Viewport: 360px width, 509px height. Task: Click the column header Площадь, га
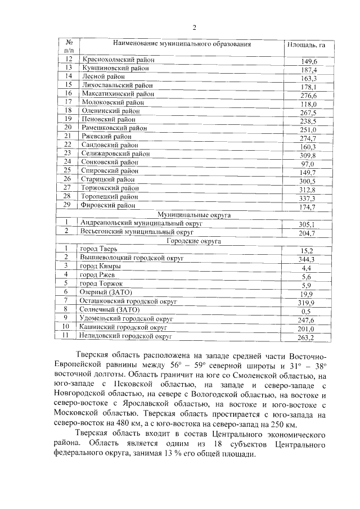(307, 44)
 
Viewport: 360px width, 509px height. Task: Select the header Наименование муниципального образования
(181, 43)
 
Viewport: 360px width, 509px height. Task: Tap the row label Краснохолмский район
(118, 60)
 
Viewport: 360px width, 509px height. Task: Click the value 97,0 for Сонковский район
(308, 164)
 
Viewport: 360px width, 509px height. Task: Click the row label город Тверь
(99, 249)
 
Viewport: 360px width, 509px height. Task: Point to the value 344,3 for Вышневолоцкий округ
(307, 259)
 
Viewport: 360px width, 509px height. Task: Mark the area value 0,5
(307, 311)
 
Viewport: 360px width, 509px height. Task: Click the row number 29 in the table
(68, 206)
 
